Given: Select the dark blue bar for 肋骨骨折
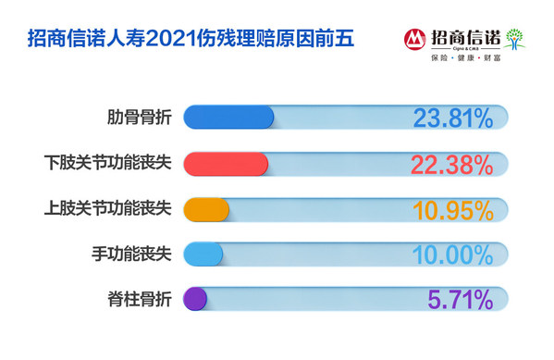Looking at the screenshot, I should (x=229, y=118).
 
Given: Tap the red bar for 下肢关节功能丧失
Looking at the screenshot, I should (x=226, y=164).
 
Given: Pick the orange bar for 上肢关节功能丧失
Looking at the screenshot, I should (x=206, y=208).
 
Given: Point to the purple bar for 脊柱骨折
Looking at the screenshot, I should (x=195, y=299).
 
